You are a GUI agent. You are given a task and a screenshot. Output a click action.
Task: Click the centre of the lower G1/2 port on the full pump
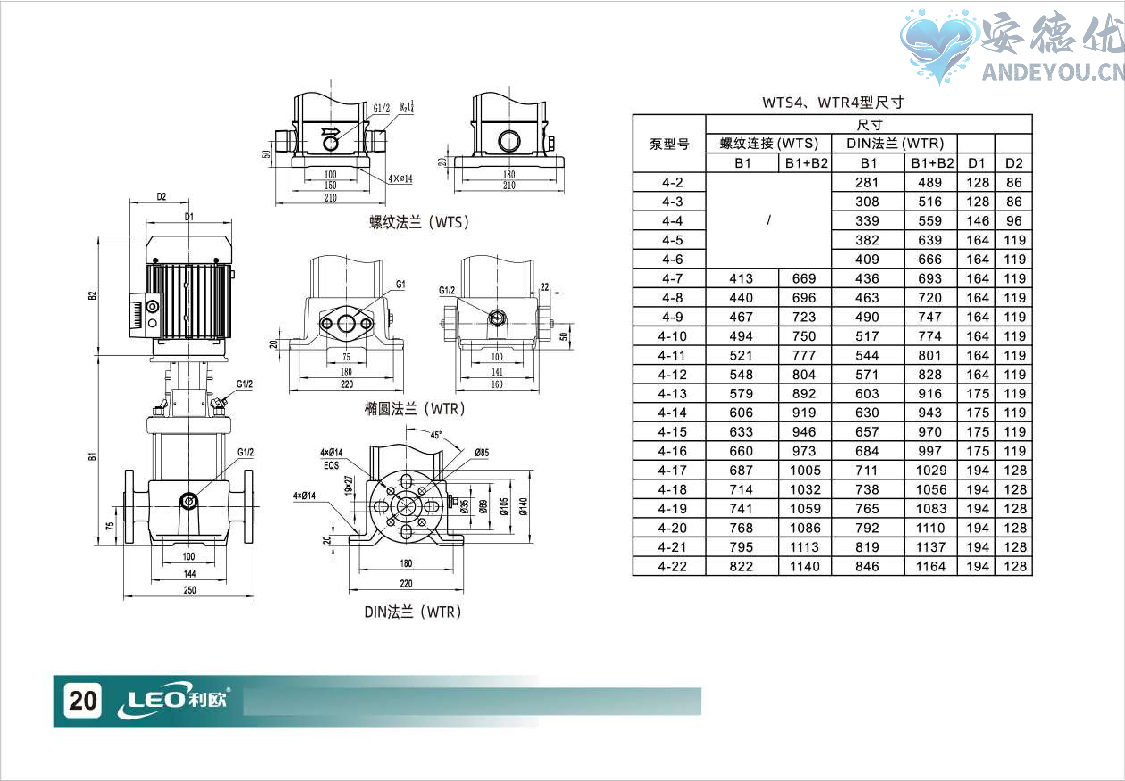(x=188, y=500)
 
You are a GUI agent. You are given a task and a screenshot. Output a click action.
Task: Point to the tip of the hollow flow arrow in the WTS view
(x=339, y=131)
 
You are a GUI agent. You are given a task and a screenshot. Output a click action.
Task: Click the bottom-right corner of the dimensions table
(x=1032, y=575)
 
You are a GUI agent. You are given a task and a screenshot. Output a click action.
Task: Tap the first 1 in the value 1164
(x=919, y=566)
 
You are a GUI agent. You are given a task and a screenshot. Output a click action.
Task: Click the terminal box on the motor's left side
(x=145, y=315)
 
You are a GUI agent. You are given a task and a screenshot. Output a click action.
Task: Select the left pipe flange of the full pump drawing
(x=129, y=507)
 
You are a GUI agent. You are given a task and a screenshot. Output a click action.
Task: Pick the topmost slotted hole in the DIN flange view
(x=406, y=480)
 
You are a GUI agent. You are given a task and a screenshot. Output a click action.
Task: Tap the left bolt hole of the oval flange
(x=326, y=323)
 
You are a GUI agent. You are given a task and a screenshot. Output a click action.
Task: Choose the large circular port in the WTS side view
(x=509, y=141)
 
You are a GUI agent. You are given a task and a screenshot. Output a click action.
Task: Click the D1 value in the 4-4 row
(x=977, y=221)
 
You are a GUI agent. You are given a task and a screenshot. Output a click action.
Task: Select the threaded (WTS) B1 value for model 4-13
(x=741, y=393)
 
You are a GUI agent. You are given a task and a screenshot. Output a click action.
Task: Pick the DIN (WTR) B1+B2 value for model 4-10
(x=929, y=336)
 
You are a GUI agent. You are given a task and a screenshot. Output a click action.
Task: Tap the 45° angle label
(x=436, y=435)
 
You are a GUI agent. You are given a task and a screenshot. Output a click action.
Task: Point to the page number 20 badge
(x=83, y=700)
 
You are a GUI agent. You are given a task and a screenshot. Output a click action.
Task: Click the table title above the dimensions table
(x=833, y=103)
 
